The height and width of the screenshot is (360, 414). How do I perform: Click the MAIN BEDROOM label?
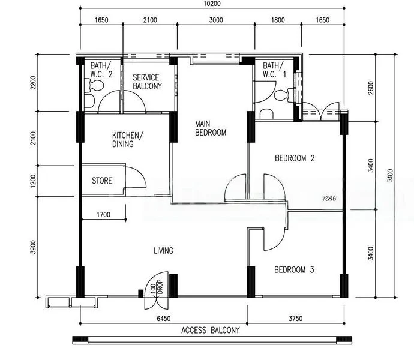click(x=211, y=128)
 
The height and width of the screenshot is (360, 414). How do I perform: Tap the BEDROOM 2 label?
click(x=295, y=158)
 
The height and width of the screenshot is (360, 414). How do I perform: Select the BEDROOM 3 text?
click(x=294, y=270)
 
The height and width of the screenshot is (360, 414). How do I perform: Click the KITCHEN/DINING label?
click(x=126, y=139)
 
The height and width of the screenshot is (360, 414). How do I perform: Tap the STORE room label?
click(x=101, y=181)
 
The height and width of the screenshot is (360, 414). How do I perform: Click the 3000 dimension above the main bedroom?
click(x=216, y=20)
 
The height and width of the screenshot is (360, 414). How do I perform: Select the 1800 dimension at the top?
click(x=278, y=20)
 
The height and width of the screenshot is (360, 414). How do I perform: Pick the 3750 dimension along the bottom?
click(x=295, y=319)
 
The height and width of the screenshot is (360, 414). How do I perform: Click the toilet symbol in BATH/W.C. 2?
click(x=90, y=86)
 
